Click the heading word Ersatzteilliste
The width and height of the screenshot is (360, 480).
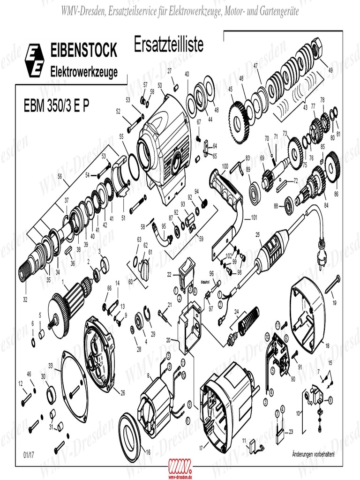(x=168, y=45)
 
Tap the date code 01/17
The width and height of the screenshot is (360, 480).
(x=29, y=455)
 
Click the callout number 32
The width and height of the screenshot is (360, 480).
(x=25, y=299)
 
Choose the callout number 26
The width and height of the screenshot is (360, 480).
(x=122, y=392)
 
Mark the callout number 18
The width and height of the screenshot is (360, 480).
(x=327, y=345)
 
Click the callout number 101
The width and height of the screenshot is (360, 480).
(x=254, y=217)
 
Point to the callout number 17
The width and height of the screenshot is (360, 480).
(x=201, y=448)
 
